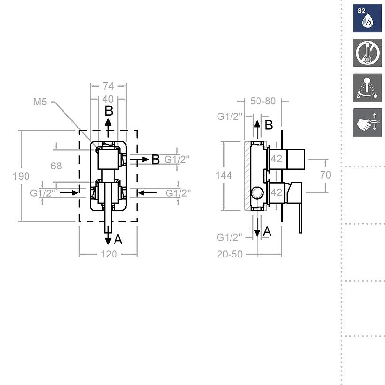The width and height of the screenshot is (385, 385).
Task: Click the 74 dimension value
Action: (x=108, y=86)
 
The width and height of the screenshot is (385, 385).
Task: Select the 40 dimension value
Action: (x=108, y=98)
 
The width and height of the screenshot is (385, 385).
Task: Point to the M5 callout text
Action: (x=40, y=102)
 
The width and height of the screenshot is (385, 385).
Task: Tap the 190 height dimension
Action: (x=21, y=176)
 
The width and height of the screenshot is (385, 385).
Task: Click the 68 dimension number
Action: (x=56, y=166)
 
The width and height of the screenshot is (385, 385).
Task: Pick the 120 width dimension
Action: (x=108, y=254)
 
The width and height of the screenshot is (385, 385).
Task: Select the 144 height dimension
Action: (x=224, y=176)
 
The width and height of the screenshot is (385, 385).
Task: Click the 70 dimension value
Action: (x=326, y=175)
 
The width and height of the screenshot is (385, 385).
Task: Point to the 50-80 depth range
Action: (x=263, y=101)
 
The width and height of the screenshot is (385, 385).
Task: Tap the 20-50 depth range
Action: (x=230, y=254)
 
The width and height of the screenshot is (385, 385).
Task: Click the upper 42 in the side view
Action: (x=276, y=158)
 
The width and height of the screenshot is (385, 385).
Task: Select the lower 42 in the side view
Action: (x=276, y=192)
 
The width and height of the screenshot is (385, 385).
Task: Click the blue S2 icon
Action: (x=368, y=18)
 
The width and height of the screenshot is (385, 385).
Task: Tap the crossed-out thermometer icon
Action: (x=368, y=52)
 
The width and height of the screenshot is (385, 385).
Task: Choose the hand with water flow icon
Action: (x=368, y=122)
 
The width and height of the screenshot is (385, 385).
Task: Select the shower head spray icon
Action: (x=368, y=88)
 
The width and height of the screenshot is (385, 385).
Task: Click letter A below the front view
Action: (x=118, y=240)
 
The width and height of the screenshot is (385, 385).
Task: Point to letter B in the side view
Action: (x=269, y=125)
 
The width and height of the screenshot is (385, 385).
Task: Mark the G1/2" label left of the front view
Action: (x=42, y=193)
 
